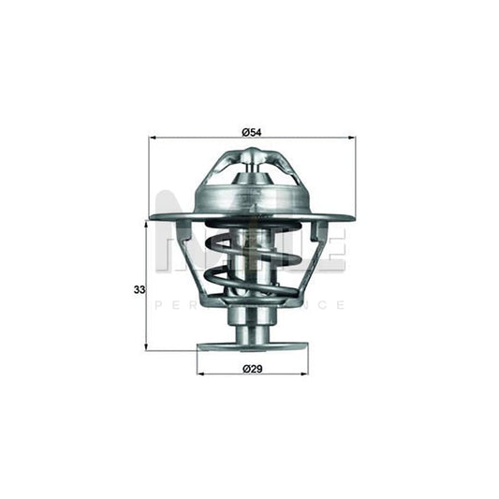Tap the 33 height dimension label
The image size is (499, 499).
tap(139, 290)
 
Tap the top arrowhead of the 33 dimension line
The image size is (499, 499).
tap(148, 223)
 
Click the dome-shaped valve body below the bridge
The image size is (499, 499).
tap(250, 198)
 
